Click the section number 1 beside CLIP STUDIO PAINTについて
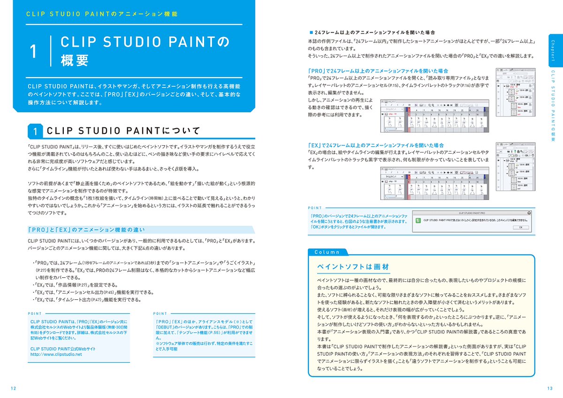pos(36,131)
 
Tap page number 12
pos(13,388)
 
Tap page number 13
pos(549,388)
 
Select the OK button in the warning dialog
pos(520,227)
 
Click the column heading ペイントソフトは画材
pos(353,266)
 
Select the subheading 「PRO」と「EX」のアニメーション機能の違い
pos(86,230)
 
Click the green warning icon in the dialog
pos(418,220)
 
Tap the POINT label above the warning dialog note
pos(315,207)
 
